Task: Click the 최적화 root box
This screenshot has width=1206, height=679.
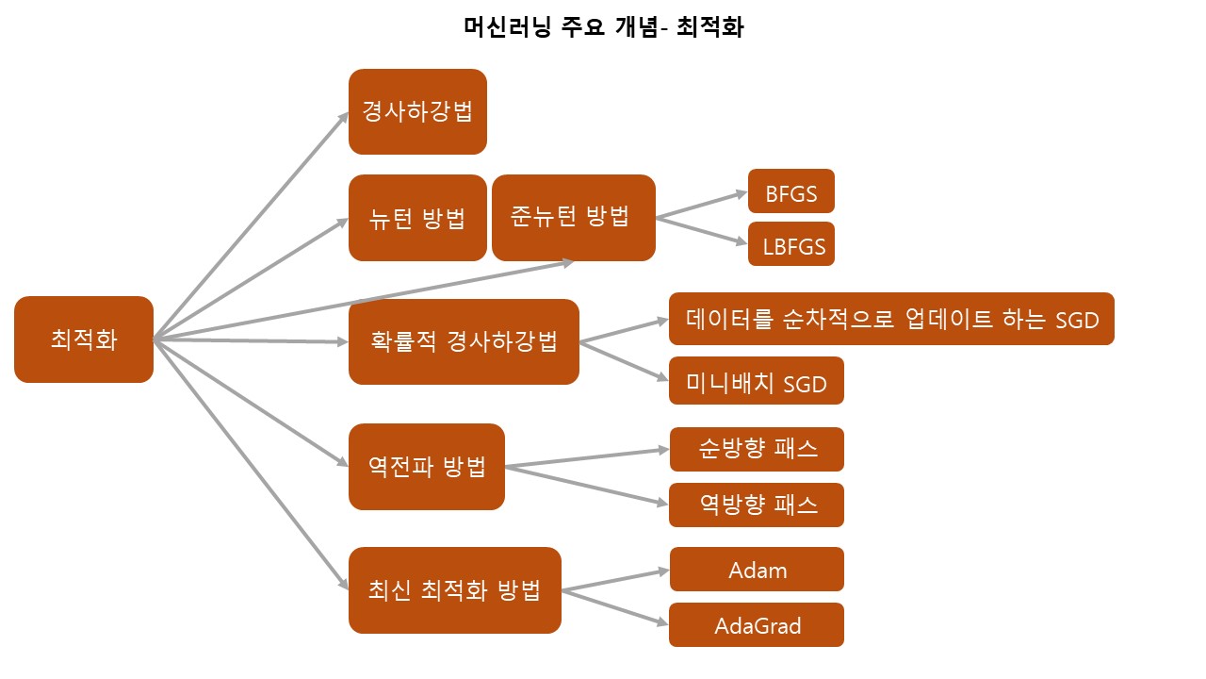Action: click(84, 339)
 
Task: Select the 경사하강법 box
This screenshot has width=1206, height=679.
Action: click(417, 111)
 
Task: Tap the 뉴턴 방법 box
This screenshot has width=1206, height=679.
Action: click(417, 218)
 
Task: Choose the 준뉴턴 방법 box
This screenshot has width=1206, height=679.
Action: click(573, 218)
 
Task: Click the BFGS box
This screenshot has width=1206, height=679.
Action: click(791, 191)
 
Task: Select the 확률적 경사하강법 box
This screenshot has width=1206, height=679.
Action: click(464, 341)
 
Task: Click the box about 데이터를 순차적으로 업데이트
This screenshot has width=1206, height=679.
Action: click(891, 320)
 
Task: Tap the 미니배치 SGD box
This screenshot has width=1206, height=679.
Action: click(757, 381)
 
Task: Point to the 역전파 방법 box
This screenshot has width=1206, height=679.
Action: click(427, 467)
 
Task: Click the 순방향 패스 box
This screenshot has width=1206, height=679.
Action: click(757, 449)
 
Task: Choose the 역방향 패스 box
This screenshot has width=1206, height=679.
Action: click(757, 505)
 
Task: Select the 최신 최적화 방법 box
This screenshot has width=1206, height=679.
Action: click(455, 590)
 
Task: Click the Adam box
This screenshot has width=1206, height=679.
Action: click(757, 569)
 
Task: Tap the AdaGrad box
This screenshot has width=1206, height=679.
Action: click(757, 624)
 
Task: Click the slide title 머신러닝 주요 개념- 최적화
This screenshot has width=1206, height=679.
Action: click(604, 27)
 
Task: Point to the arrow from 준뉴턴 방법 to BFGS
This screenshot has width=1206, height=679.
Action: click(702, 206)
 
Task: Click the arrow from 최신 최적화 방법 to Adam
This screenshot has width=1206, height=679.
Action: click(615, 580)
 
